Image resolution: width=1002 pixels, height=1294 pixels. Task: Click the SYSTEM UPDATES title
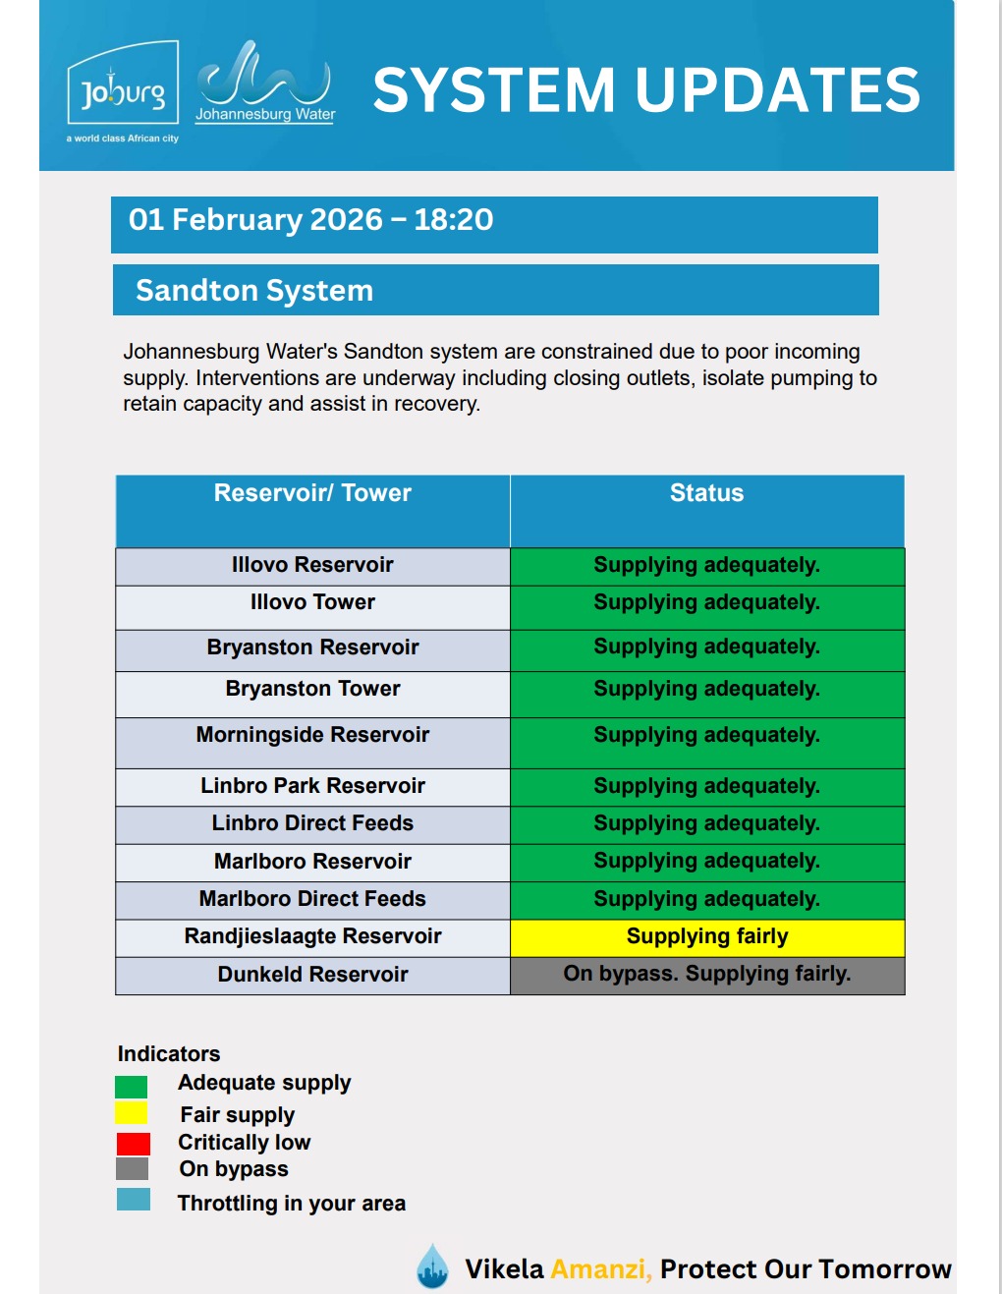646,90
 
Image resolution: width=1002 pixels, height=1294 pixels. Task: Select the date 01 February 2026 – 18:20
310,220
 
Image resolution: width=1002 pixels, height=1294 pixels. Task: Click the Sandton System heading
254,291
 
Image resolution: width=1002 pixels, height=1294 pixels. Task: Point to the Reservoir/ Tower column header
312,493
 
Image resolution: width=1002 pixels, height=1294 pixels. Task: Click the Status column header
706,493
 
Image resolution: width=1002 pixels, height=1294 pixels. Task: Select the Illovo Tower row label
312,602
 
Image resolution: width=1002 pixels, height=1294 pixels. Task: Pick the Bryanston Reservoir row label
312,647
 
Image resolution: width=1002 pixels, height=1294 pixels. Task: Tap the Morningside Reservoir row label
312,735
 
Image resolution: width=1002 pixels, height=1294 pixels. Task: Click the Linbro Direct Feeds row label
312,823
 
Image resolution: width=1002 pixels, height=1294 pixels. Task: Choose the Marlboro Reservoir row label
312,862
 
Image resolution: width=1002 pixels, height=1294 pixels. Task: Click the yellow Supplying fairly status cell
707,937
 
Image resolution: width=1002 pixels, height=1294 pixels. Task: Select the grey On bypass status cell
707,975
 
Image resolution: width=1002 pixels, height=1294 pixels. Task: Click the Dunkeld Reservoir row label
312,975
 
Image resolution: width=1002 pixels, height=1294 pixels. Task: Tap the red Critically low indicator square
133,1144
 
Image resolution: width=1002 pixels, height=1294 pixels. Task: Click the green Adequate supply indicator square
131,1087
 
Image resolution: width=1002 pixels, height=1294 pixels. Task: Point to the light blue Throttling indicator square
134,1200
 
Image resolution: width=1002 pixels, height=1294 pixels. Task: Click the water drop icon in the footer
432,1266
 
